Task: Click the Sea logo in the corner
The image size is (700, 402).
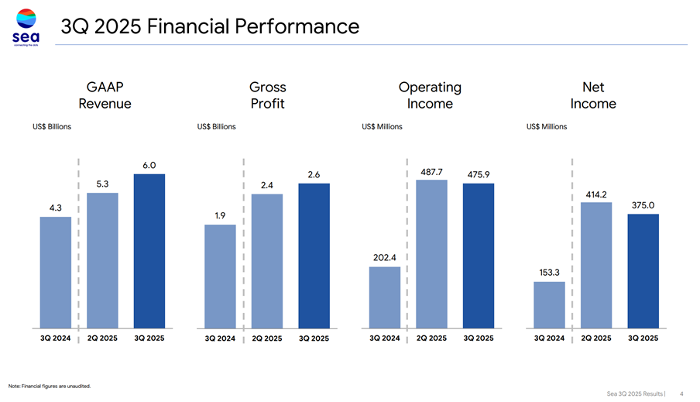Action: click(x=27, y=27)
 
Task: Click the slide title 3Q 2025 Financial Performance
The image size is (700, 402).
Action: click(x=210, y=27)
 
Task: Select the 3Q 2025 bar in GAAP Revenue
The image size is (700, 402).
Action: click(x=149, y=251)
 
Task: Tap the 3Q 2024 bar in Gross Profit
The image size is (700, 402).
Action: click(x=220, y=277)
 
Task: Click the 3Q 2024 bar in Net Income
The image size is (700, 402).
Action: click(x=549, y=305)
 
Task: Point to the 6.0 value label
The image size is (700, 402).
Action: click(x=149, y=165)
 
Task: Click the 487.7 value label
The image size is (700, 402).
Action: click(x=431, y=171)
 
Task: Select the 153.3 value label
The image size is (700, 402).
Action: click(x=549, y=272)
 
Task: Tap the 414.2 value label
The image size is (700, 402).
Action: click(x=596, y=194)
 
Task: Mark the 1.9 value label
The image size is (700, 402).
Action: click(x=220, y=215)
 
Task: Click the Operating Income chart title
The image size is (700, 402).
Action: click(x=430, y=95)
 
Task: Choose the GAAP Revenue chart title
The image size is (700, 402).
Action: click(x=105, y=95)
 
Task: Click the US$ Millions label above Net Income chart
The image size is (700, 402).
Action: click(x=547, y=126)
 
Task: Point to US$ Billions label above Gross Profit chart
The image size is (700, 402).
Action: click(x=217, y=126)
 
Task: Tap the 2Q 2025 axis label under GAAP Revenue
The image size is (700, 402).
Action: click(x=103, y=338)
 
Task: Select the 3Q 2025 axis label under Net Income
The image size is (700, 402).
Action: click(x=643, y=338)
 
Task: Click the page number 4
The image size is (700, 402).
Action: click(x=681, y=393)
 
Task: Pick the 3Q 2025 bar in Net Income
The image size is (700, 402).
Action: click(x=643, y=271)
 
